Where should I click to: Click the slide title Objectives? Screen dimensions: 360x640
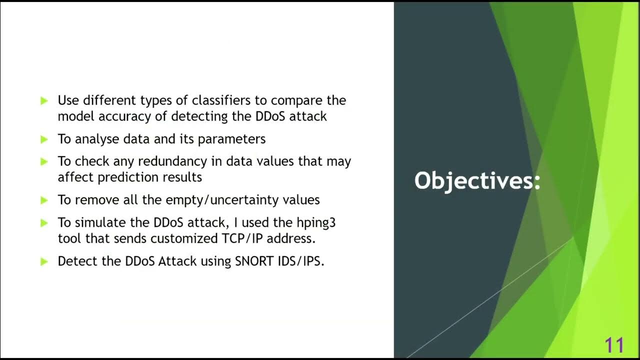coord(477,180)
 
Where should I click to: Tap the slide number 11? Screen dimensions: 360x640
coord(614,345)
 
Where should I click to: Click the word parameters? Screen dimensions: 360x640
coord(231,139)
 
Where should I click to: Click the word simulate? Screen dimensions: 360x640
coord(99,222)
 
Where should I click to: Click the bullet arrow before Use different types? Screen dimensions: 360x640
coord(44,100)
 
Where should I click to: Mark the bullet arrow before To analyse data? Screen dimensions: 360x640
coord(44,139)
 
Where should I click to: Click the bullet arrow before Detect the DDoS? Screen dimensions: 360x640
coord(44,261)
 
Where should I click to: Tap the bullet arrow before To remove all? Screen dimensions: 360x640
coord(44,200)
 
